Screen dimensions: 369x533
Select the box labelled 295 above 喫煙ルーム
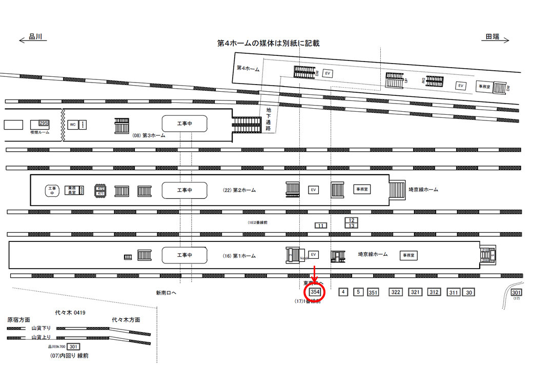43,124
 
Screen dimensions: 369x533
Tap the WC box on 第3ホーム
73,125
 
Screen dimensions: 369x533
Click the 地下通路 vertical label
269,119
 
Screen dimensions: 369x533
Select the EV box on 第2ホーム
313,190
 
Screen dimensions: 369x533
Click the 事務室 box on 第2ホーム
362,189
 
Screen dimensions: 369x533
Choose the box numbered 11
321,225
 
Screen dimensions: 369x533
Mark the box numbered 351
373,293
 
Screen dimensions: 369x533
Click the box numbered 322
396,292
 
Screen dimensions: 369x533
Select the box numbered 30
469,293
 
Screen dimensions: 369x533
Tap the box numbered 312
434,292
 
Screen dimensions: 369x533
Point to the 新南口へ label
167,293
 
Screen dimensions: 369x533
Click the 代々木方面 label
126,320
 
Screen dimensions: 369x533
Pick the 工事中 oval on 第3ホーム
184,124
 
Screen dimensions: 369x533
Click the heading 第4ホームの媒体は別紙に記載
269,44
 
